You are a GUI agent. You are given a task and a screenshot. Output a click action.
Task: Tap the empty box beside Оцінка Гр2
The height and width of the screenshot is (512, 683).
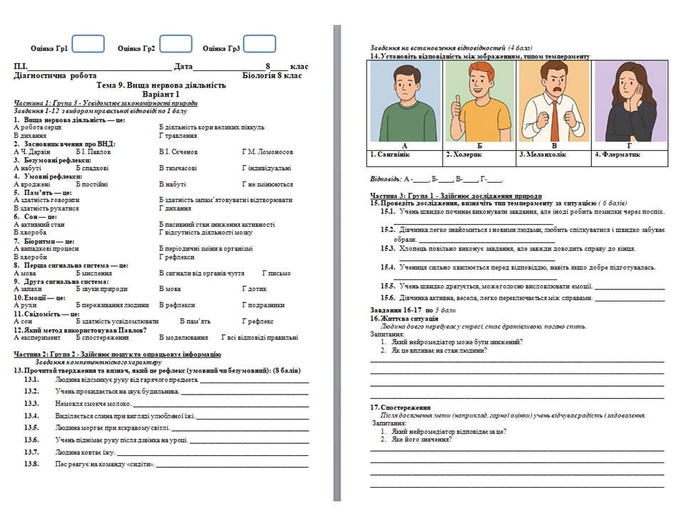tap(175, 45)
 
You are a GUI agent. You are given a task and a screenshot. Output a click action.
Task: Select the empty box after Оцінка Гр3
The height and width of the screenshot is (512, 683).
tap(259, 45)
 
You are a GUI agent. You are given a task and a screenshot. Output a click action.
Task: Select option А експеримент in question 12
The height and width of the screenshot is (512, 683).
tap(37, 338)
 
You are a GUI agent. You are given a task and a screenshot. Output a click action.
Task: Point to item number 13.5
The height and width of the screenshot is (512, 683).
tap(31, 427)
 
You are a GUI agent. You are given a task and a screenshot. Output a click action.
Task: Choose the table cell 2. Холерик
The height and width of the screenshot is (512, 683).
tap(464, 154)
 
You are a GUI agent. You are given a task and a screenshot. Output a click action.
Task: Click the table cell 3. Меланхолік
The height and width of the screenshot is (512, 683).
tap(543, 154)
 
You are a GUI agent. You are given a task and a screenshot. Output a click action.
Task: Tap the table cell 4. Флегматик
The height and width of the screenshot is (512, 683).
tap(617, 154)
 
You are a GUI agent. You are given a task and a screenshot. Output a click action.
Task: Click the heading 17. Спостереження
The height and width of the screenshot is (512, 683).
tap(399, 407)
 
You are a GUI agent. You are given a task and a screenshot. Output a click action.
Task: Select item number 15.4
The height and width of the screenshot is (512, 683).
tap(388, 267)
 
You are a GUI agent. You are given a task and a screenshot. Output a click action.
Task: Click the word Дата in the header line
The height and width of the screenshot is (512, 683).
tap(184, 66)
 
